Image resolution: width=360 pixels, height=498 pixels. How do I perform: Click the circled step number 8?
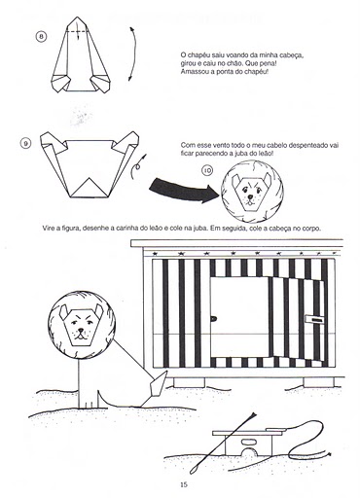(41, 36)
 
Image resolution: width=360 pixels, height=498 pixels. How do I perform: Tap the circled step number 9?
(25, 143)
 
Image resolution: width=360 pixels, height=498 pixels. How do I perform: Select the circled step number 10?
(207, 170)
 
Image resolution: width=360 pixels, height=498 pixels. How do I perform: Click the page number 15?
(184, 484)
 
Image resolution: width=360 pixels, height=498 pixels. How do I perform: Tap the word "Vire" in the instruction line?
(49, 228)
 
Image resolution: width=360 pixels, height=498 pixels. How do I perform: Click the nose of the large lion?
(81, 331)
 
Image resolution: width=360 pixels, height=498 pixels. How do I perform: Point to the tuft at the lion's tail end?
(158, 385)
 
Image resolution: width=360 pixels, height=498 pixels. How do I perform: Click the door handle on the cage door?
(214, 319)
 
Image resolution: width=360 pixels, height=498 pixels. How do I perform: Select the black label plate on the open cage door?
(314, 320)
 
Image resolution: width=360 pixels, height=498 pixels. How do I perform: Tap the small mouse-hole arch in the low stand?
(249, 452)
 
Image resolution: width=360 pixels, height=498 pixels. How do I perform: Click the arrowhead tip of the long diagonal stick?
(256, 413)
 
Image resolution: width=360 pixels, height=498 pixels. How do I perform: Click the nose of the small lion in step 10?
(250, 196)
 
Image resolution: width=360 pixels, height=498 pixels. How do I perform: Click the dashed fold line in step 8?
(78, 31)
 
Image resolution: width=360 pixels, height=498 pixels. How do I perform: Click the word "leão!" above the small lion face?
(266, 154)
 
